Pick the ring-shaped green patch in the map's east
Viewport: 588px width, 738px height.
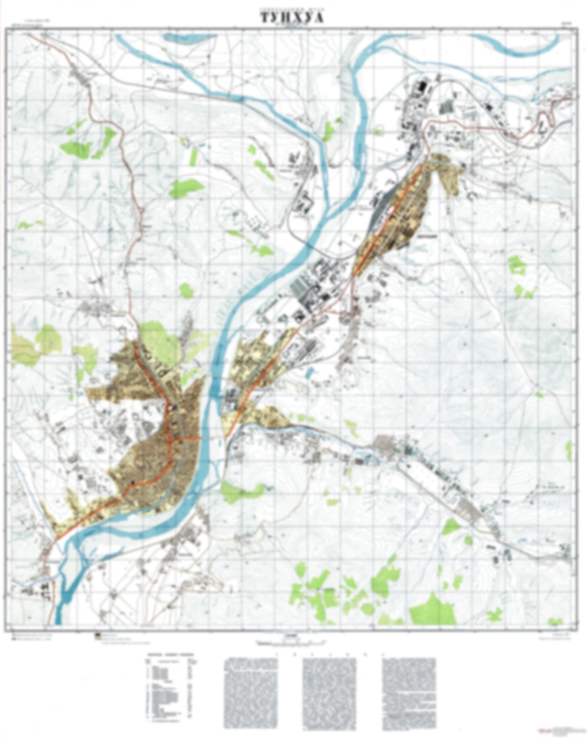(x=516, y=264)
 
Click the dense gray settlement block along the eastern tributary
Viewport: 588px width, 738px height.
(x=385, y=443)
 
